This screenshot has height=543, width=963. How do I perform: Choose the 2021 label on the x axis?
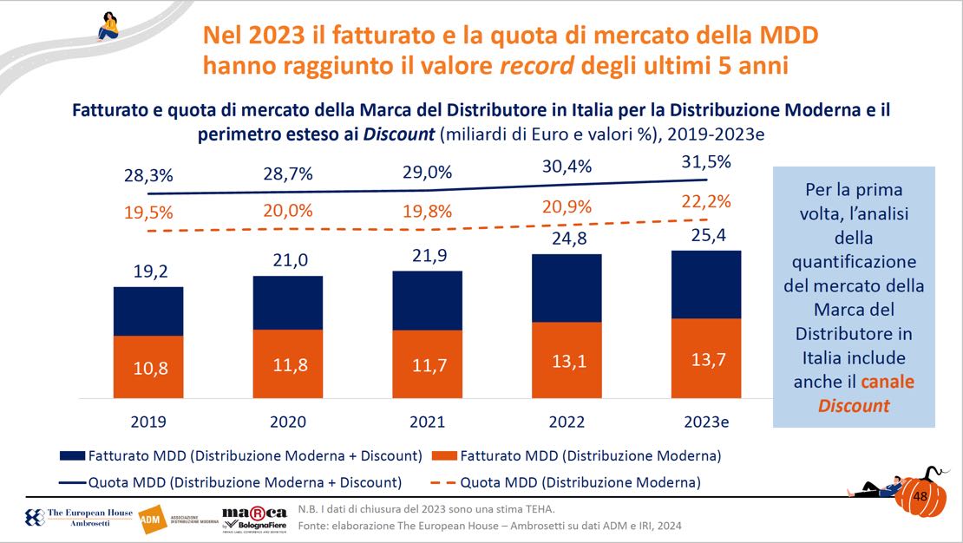click(427, 422)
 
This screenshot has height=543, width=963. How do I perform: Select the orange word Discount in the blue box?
click(854, 405)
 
